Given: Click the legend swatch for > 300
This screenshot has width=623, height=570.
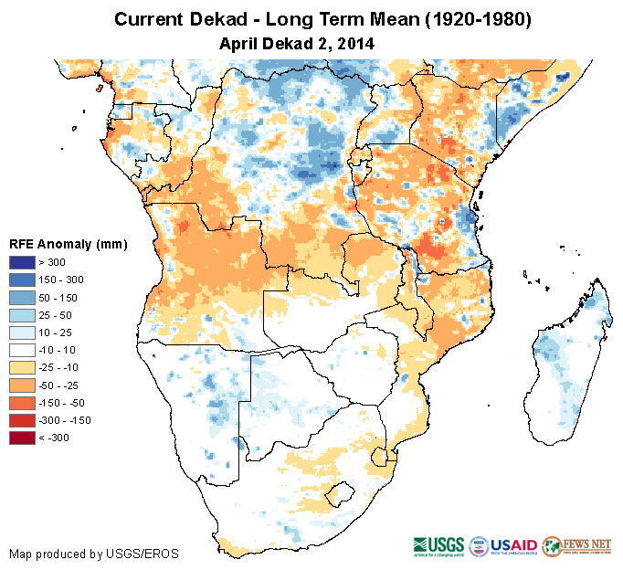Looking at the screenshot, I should tap(23, 262).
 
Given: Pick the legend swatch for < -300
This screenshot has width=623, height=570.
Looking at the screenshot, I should tap(23, 438).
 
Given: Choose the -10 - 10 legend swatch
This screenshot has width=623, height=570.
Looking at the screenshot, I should tap(23, 350).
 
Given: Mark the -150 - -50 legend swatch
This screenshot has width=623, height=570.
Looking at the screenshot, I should tap(23, 402).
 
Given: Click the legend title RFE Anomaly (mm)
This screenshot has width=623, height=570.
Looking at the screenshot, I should tap(68, 244).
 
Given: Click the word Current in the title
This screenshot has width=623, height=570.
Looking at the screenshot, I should tap(148, 19).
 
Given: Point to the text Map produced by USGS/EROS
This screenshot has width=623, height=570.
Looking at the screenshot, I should tap(93, 554).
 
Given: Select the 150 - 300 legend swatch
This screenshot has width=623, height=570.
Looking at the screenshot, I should tap(23, 280).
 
